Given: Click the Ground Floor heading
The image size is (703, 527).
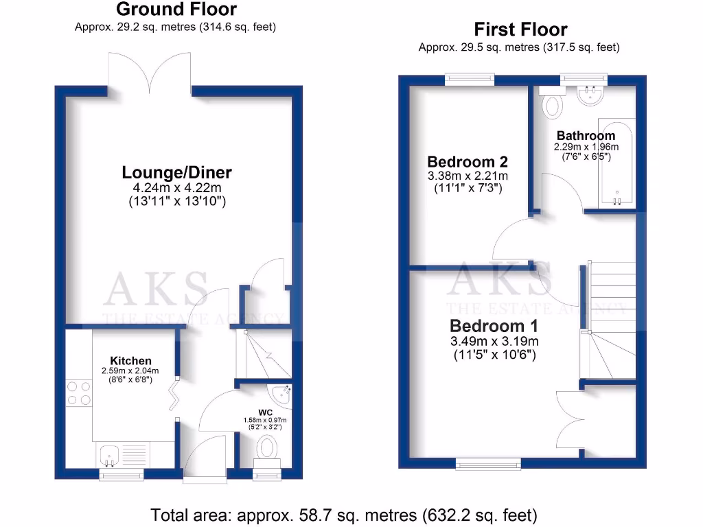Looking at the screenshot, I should [176, 10].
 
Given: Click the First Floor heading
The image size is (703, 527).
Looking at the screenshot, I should [520, 30].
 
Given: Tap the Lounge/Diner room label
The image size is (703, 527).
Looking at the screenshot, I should [177, 172].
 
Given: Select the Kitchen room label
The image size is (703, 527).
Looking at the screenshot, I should [131, 361].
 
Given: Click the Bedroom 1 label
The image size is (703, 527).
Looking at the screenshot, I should [494, 325].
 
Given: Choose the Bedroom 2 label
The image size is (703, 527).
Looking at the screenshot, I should [468, 162].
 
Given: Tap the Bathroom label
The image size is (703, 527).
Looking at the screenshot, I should [586, 135].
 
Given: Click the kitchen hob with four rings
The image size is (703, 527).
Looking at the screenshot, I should [80, 393].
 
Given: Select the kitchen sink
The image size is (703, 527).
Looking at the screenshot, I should [109, 454].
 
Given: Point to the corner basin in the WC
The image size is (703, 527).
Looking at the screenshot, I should [281, 395].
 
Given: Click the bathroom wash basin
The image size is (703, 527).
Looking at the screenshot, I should [591, 95].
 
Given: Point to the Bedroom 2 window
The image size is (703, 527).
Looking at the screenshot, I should [470, 80].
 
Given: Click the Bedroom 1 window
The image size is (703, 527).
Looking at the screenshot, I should [488, 465].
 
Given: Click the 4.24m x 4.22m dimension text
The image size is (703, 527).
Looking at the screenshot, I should [177, 188].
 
